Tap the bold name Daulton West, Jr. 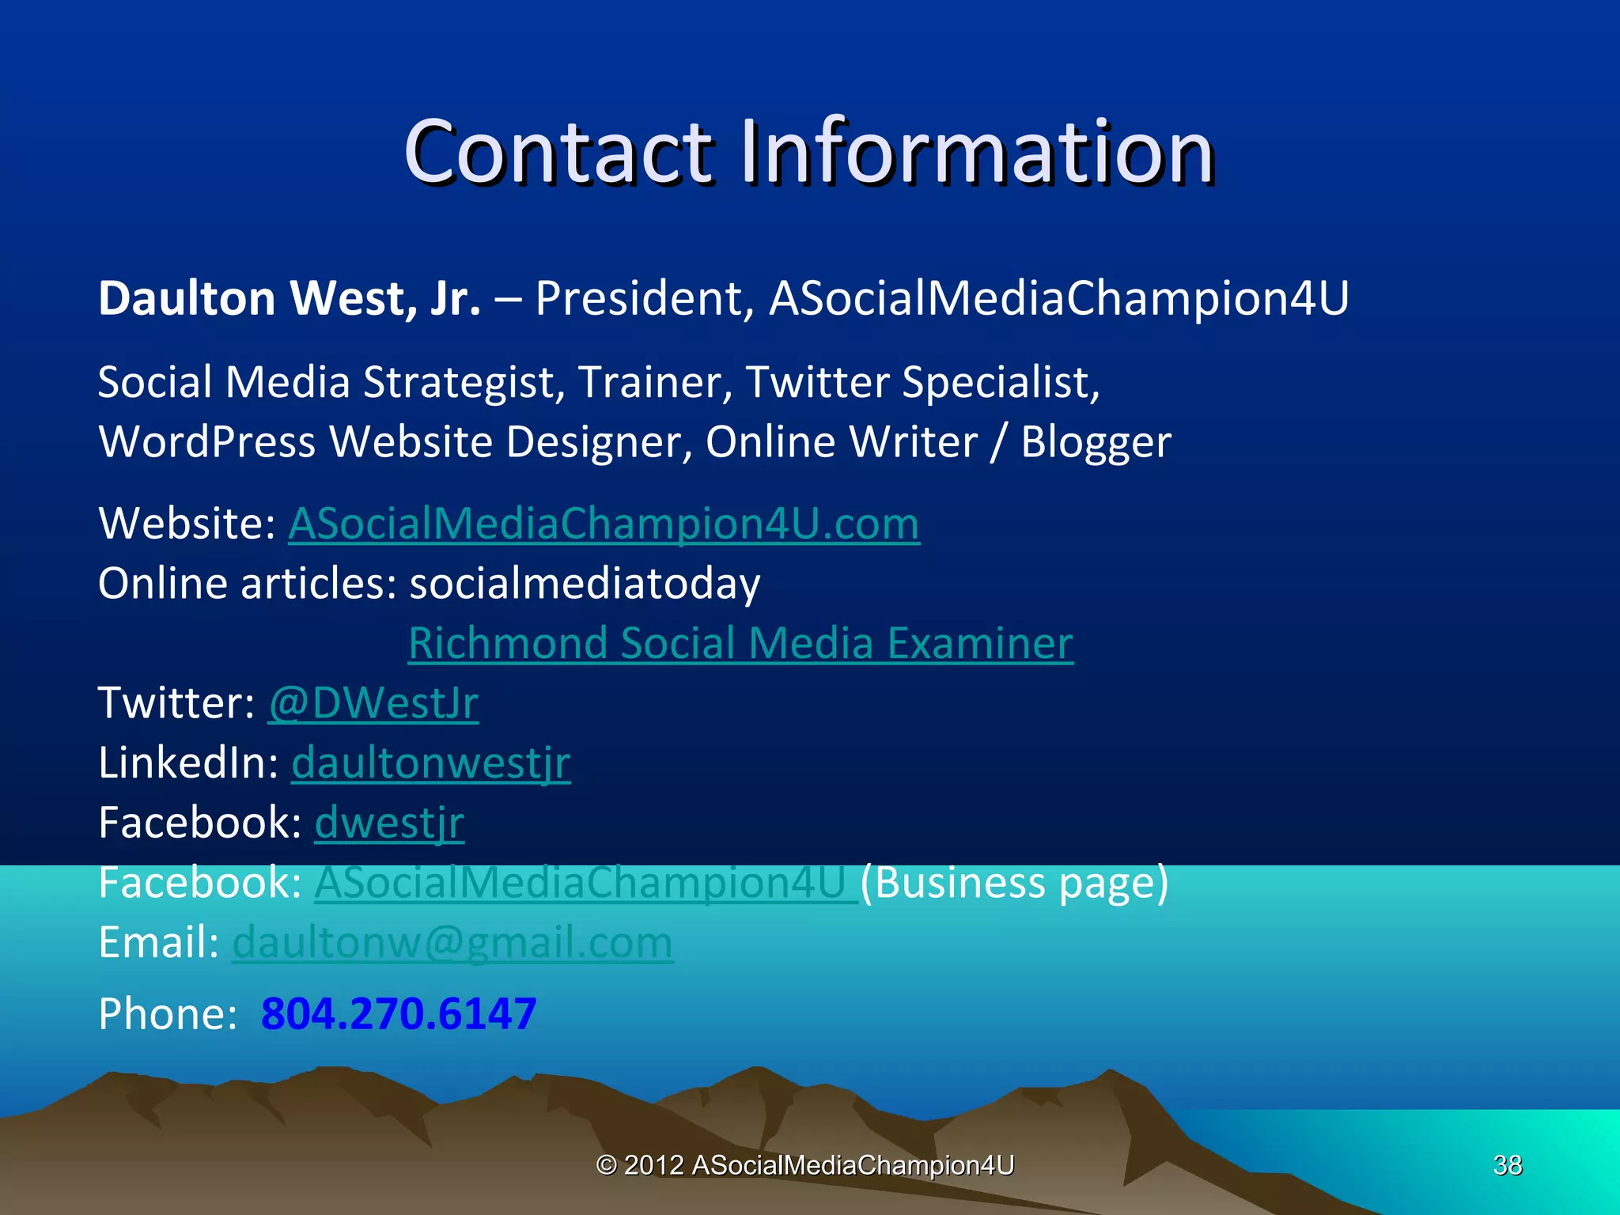290,298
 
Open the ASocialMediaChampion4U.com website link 604,524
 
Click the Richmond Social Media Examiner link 740,642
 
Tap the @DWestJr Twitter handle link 373,702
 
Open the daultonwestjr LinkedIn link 431,763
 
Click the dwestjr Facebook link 389,823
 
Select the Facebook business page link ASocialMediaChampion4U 585,883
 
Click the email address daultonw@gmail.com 452,943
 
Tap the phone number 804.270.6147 399,1014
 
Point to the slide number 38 1508,1165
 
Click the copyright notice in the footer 804,1165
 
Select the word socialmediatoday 585,584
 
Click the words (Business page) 1014,883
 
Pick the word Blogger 1096,441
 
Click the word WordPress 206,441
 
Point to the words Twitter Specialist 922,382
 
